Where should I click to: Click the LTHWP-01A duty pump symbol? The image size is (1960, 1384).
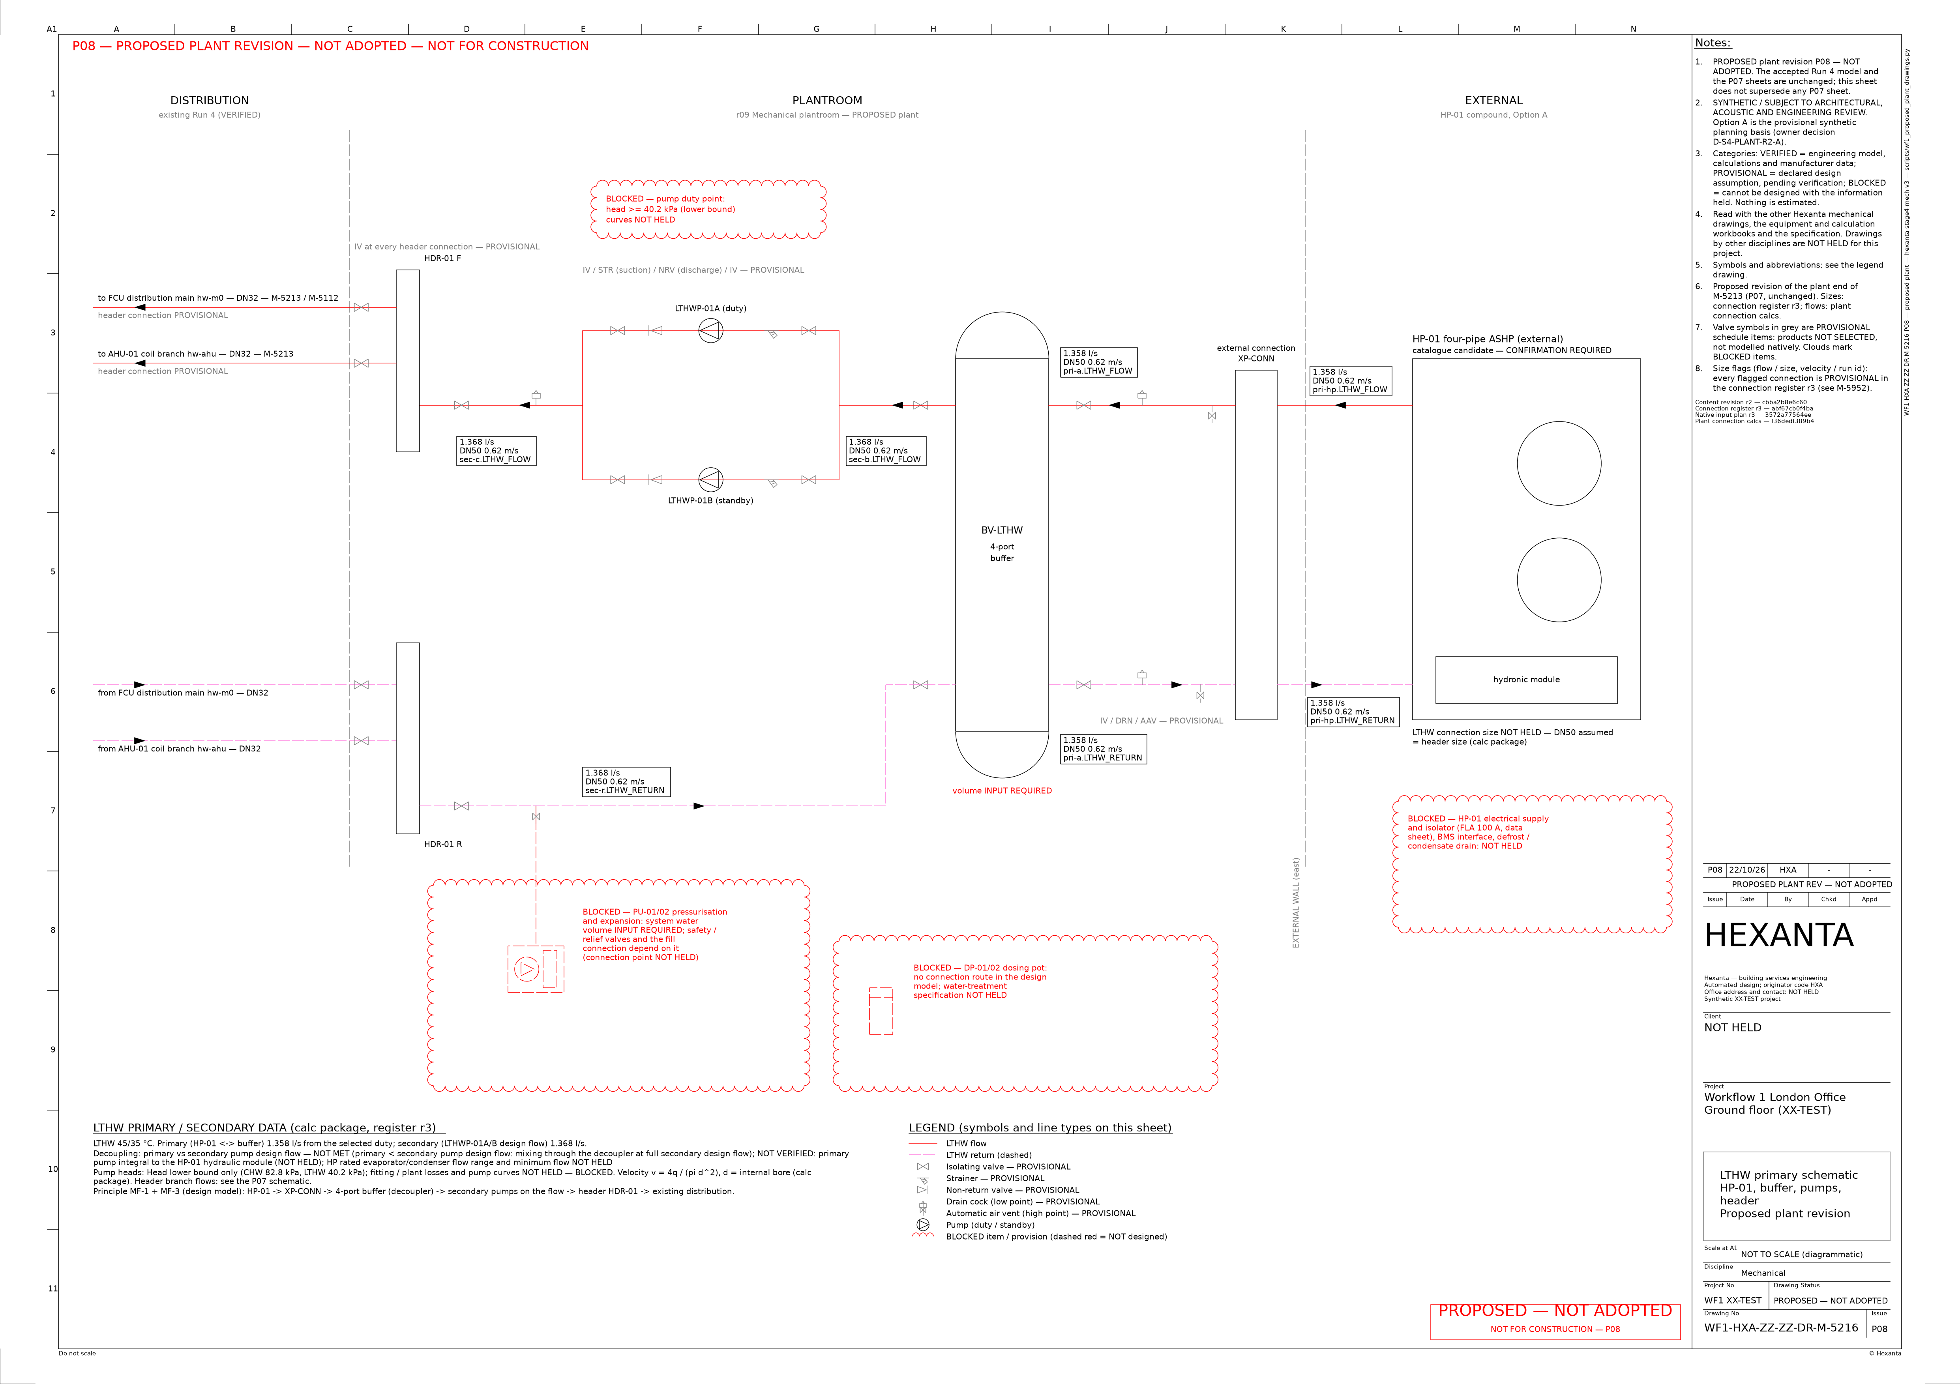[x=710, y=330]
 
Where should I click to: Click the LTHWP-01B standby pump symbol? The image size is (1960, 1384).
[x=710, y=480]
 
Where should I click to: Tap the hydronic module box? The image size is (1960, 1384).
[x=1526, y=680]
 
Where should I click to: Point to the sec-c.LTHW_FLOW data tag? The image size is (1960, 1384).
[x=497, y=451]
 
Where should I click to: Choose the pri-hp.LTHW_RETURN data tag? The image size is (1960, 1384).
[x=1353, y=711]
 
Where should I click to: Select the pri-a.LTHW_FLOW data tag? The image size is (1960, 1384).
[x=1099, y=362]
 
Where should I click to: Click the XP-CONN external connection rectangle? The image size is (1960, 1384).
[x=1256, y=545]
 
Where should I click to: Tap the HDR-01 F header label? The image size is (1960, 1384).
[x=442, y=258]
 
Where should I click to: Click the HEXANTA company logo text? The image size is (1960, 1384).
[x=1779, y=936]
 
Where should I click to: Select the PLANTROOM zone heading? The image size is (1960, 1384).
[x=827, y=101]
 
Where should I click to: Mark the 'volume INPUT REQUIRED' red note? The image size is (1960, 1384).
[x=1002, y=790]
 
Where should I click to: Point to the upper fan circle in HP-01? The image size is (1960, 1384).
[x=1559, y=464]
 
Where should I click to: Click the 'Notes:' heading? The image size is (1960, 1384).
[x=1713, y=43]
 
